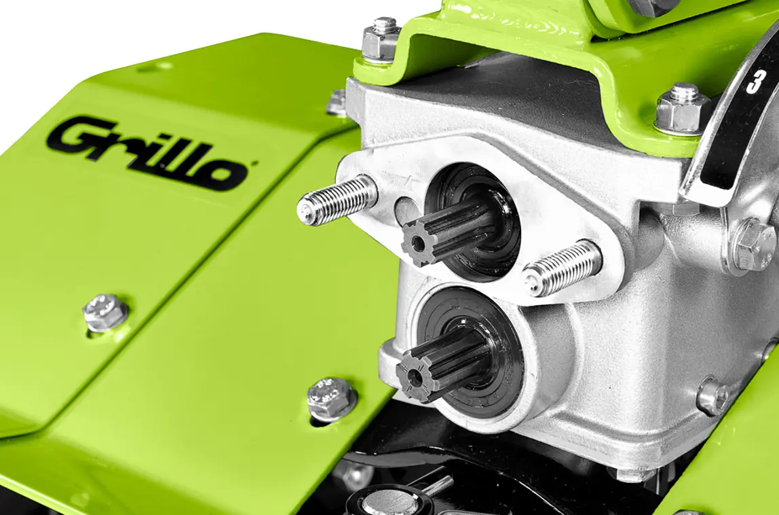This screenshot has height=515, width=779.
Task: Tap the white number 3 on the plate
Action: tap(755, 81)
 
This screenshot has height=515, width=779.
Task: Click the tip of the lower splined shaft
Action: tap(413, 374)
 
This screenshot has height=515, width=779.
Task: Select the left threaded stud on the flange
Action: tap(337, 199)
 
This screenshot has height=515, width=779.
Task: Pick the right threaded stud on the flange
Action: tap(562, 268)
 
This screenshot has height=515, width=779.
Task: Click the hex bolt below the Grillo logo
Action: tap(104, 313)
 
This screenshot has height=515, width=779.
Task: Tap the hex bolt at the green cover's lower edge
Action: tap(331, 399)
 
